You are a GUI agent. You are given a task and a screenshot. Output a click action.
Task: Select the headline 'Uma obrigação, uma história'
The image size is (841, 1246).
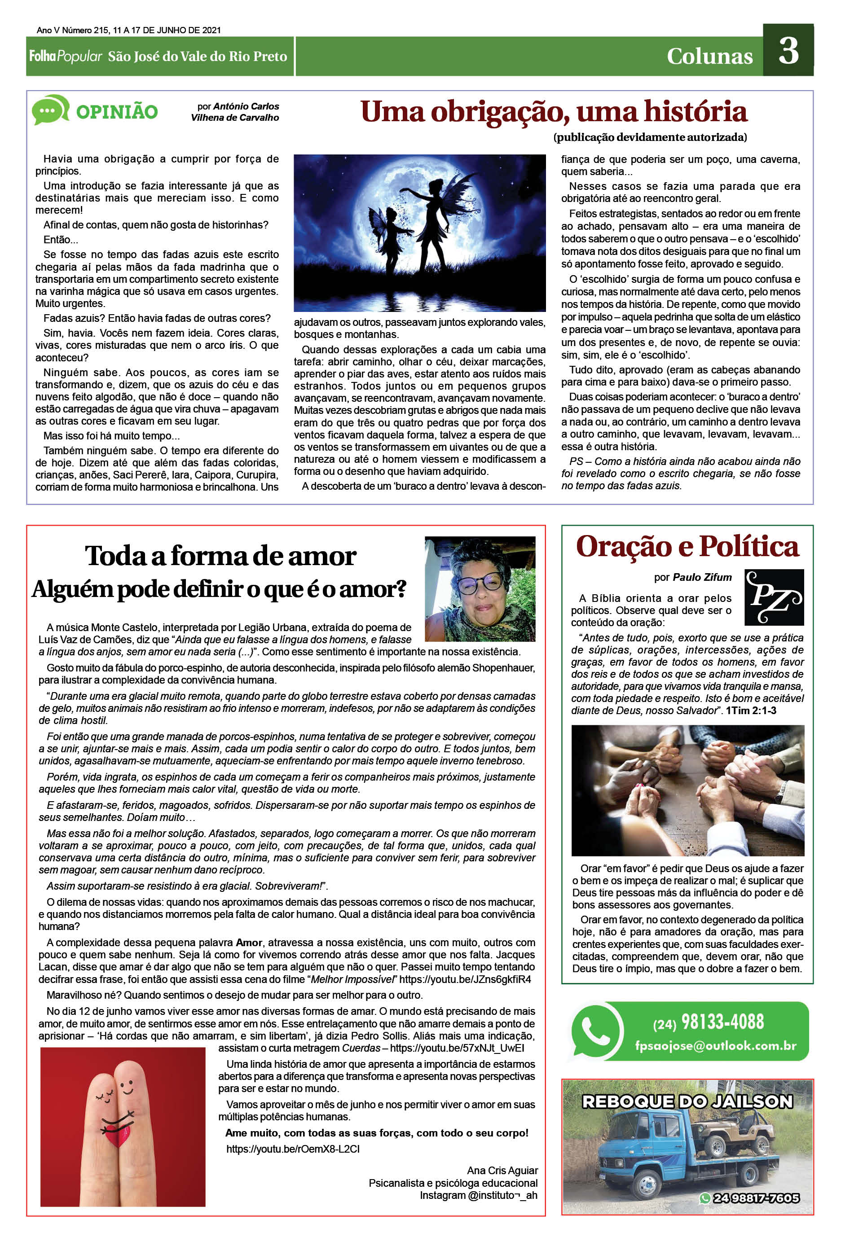point(554,111)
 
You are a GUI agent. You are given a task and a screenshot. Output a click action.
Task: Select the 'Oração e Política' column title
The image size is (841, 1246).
point(687,546)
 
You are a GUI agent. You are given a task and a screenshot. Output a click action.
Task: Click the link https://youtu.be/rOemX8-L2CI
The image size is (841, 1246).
point(293,1149)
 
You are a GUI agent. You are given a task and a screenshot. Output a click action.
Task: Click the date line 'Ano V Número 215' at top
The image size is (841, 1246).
point(129,30)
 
